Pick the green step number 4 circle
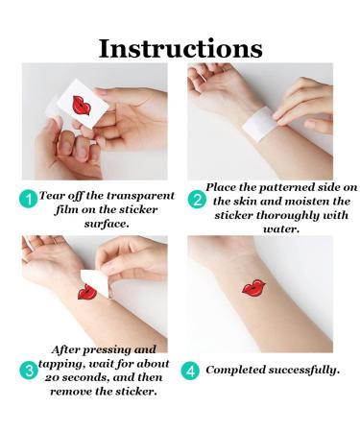tap(195, 369)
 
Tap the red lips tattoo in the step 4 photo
tap(256, 287)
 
